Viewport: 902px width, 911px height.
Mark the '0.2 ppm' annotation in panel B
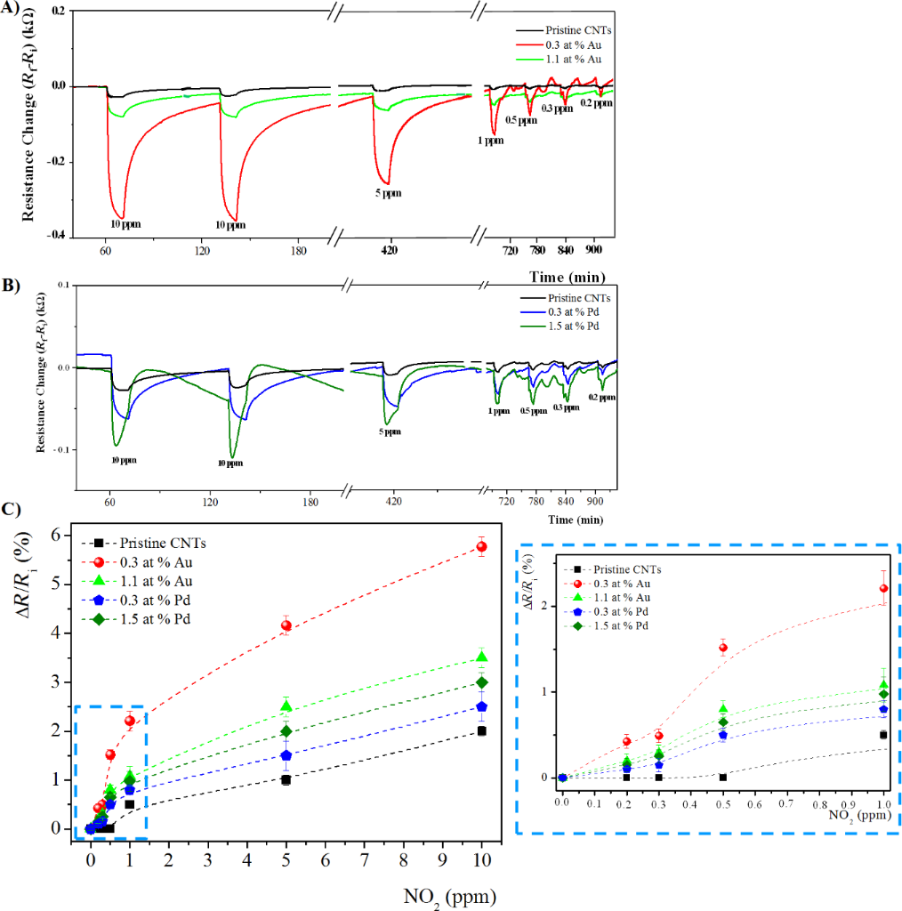(x=601, y=398)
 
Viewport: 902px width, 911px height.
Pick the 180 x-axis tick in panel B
(x=310, y=502)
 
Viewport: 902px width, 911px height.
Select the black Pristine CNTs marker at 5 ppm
(x=286, y=779)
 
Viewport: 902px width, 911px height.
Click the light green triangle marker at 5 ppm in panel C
(x=286, y=706)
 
